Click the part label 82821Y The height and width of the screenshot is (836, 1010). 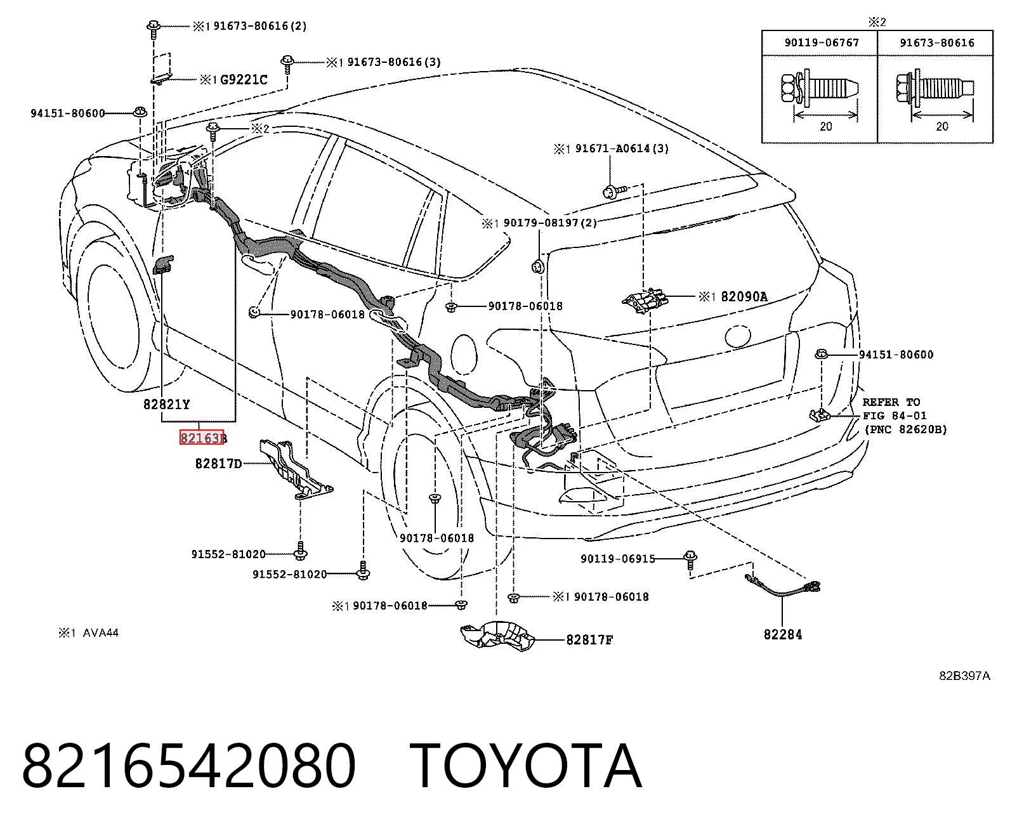point(166,404)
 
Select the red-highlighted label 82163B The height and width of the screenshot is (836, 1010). point(203,438)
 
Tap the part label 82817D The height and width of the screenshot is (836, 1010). point(218,464)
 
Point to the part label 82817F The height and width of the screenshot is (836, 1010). point(589,639)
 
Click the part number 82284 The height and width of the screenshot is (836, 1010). point(783,634)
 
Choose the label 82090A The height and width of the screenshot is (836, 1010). point(744,296)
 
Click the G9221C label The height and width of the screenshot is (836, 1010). point(244,79)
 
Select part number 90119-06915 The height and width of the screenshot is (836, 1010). point(618,559)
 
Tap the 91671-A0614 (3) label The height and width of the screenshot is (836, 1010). point(622,148)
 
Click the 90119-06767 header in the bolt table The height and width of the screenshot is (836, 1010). point(822,42)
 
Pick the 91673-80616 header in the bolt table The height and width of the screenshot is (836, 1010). point(937,42)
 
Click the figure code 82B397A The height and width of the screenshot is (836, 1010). point(964,676)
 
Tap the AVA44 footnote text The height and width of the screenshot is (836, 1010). point(101,633)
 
